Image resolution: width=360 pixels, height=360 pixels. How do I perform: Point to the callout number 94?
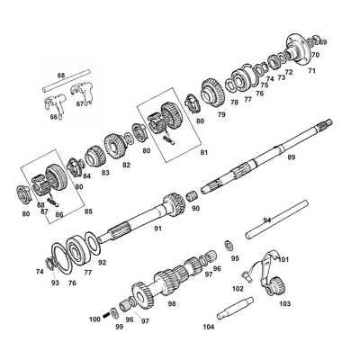[266, 220]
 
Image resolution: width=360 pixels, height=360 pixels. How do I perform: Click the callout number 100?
[94, 319]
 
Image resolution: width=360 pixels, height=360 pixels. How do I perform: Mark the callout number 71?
[312, 69]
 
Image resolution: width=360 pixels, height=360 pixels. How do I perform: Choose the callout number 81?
[203, 152]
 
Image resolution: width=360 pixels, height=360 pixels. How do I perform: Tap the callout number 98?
[172, 304]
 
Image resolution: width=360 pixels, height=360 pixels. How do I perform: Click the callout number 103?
[284, 304]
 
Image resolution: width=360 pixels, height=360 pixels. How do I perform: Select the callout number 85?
[87, 211]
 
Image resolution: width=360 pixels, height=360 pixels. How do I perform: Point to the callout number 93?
[55, 283]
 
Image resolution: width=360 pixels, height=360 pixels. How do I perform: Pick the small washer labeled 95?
[229, 246]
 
